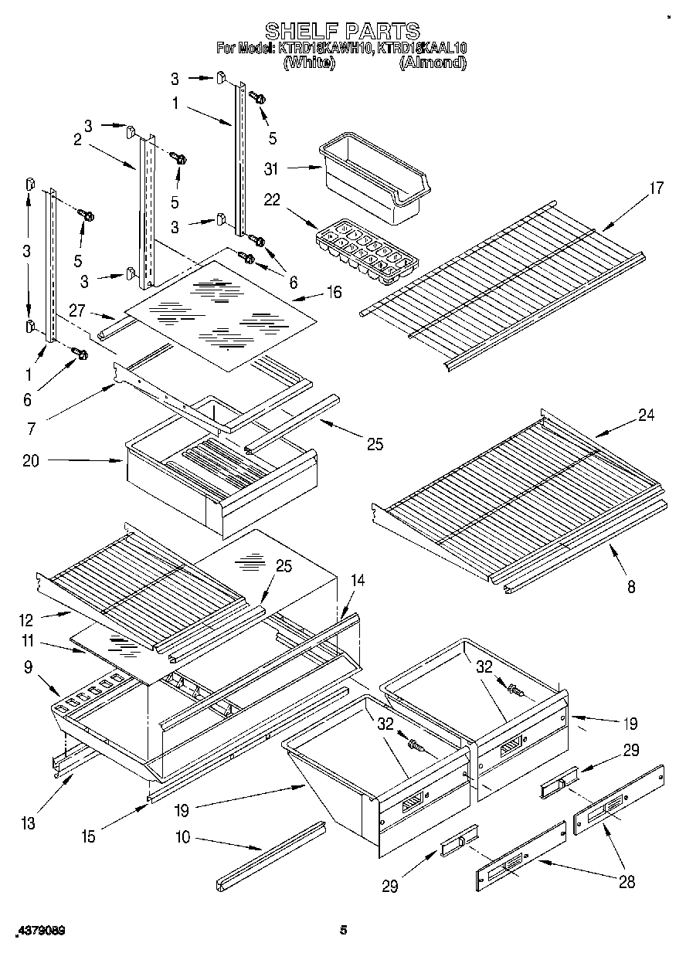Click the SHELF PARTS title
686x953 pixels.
click(342, 31)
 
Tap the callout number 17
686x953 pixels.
click(657, 188)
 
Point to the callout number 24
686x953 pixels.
click(646, 415)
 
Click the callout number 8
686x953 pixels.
click(631, 586)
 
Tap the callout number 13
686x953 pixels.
click(28, 823)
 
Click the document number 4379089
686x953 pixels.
click(39, 931)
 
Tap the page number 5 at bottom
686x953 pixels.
click(344, 931)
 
